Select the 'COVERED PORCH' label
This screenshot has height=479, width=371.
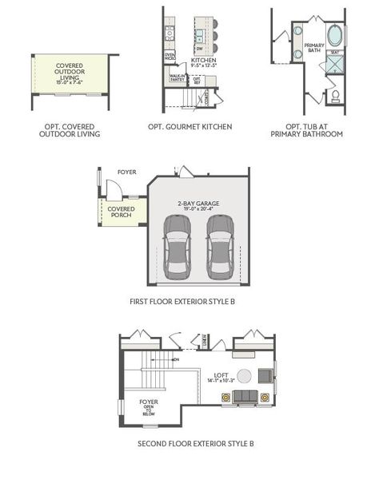122,212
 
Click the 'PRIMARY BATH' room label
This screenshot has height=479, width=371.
314,48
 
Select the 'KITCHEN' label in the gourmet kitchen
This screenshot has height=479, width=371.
203,60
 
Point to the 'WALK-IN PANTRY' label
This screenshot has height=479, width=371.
178,77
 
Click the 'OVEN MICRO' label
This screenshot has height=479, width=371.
170,57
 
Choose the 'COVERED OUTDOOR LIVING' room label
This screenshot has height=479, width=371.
71,70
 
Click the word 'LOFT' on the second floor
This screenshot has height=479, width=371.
221,374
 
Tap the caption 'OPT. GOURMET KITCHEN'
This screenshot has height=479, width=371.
189,127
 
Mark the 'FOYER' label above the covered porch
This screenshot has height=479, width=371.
126,172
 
